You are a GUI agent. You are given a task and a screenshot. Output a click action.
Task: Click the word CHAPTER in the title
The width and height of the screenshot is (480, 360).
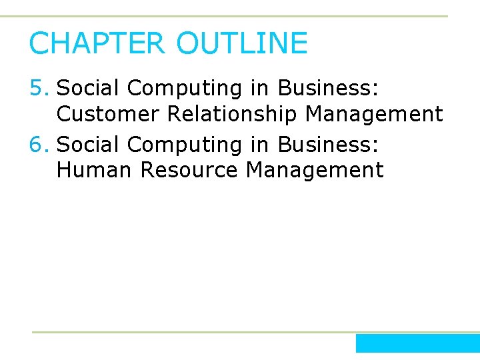[x=96, y=44]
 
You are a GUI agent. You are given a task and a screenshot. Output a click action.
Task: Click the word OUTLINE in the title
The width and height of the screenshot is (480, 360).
[x=242, y=44]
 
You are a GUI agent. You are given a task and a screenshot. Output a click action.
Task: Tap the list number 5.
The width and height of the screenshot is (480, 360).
[x=39, y=88]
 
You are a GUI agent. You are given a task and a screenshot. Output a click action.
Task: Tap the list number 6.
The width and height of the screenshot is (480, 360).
[x=39, y=144]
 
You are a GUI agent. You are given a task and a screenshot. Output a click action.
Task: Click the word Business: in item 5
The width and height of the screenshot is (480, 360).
[x=327, y=88]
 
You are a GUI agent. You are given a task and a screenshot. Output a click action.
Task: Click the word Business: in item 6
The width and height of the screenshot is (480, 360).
[x=327, y=144]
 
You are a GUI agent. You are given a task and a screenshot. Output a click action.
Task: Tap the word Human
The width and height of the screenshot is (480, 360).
[x=95, y=170]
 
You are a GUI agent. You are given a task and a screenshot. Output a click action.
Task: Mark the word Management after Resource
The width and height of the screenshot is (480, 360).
[x=315, y=171]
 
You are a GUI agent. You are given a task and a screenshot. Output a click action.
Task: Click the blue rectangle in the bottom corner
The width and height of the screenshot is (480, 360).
[x=417, y=343]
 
